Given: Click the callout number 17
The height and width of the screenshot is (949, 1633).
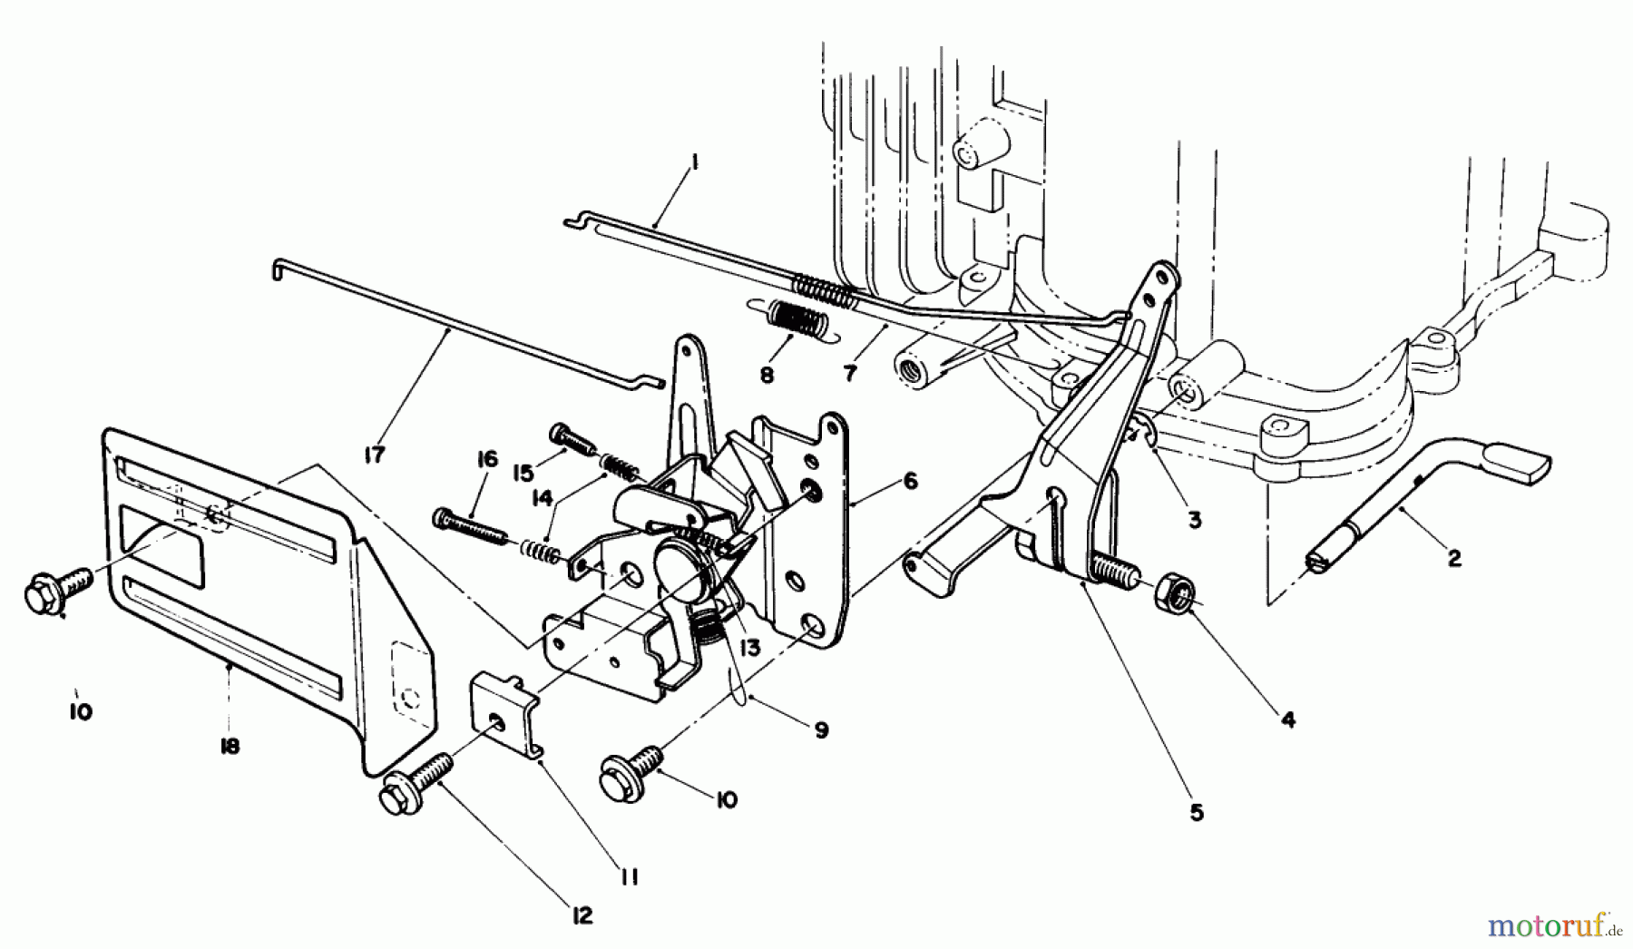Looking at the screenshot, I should [x=374, y=455].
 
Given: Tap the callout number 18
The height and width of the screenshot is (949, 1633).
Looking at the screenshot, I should [x=230, y=746].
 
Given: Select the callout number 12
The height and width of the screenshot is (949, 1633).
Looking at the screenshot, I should [x=582, y=916].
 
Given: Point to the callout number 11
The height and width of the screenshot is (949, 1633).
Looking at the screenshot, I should [x=630, y=877].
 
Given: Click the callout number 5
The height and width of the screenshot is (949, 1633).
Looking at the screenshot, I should [x=1197, y=813].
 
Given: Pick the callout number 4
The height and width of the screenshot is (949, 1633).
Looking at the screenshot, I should [x=1288, y=720].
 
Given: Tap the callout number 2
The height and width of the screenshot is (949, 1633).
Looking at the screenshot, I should [x=1454, y=559].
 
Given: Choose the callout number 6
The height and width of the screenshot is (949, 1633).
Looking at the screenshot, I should [x=911, y=481].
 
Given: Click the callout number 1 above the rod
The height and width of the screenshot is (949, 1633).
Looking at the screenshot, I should [x=694, y=163].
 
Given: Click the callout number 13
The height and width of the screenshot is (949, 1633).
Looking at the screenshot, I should [x=749, y=648].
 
